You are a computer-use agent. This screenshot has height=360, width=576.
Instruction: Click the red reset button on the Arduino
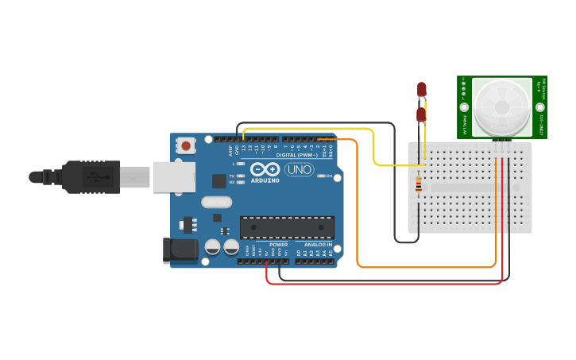coord(186,145)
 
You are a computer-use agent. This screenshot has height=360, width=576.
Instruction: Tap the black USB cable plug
coord(91,176)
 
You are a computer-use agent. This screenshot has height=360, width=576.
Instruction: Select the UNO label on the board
coord(299,170)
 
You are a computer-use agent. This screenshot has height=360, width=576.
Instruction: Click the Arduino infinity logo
coord(264,169)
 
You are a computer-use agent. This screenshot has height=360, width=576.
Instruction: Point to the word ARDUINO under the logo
coord(265,180)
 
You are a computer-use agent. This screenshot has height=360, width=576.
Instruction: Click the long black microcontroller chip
coord(287,227)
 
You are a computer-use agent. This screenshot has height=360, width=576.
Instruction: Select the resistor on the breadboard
coord(419,187)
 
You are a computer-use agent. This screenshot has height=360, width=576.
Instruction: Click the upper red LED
coord(422,89)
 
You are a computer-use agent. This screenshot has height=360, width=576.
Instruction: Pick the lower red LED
coord(421,116)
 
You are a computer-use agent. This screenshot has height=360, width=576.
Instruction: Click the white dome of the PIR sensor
coord(501,106)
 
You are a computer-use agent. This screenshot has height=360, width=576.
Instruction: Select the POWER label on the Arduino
coord(278,245)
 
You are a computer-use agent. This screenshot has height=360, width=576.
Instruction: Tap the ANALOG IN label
coord(317,245)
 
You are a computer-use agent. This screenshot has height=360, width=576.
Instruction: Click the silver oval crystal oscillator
coord(216,202)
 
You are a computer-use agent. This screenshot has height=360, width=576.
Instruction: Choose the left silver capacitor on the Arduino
coord(213,246)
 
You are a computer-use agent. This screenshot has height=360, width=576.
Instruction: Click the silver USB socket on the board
coord(173,177)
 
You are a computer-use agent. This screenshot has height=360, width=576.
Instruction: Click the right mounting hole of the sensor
coord(540,106)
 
